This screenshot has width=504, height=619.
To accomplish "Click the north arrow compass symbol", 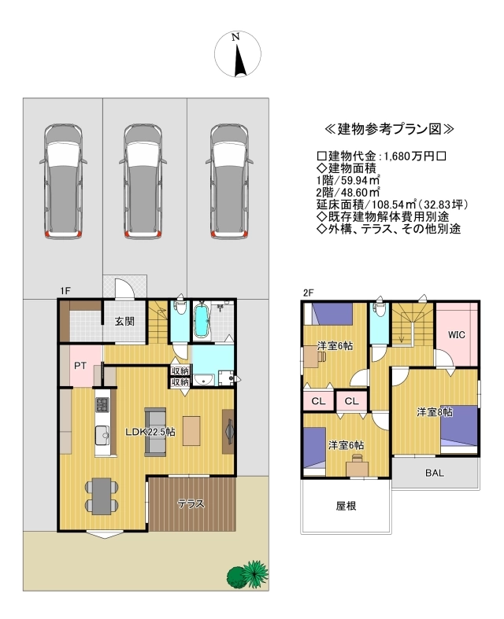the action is (x=238, y=54).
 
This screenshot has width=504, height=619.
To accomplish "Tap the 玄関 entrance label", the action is (x=124, y=322).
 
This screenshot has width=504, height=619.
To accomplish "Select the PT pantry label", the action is (x=80, y=366).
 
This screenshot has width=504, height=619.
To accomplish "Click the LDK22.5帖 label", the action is (x=150, y=432).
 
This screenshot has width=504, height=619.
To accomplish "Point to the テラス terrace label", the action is (x=191, y=503).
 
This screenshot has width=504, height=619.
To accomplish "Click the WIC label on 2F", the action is (x=457, y=335).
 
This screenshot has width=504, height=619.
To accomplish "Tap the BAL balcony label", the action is (x=435, y=473).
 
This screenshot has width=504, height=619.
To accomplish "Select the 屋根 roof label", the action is (x=346, y=506).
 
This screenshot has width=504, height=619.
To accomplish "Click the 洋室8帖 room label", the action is (x=435, y=411).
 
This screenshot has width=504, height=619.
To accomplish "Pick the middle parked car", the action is (x=143, y=182).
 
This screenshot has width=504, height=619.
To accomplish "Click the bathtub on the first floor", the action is (x=202, y=320).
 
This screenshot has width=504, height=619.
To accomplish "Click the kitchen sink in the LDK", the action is (x=102, y=436).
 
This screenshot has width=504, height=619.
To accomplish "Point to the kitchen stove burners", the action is (x=102, y=404).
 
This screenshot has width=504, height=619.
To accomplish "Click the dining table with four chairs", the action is (x=102, y=496).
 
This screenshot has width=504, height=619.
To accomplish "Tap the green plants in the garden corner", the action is (x=248, y=575).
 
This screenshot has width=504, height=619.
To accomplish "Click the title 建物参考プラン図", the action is (x=389, y=129).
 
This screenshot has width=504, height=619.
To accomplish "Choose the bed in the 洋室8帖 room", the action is (x=459, y=429).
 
